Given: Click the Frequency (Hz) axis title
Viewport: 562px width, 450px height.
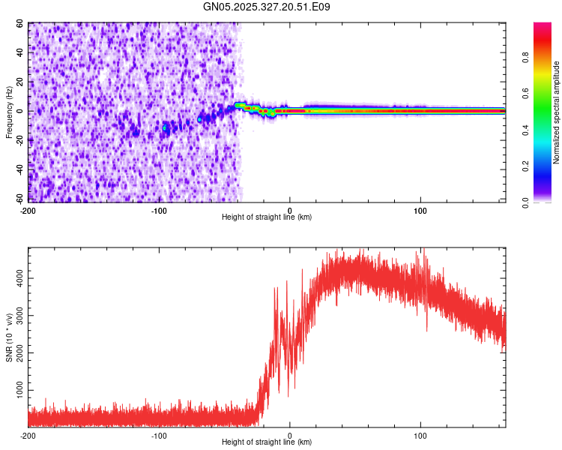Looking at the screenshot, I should point(8,112).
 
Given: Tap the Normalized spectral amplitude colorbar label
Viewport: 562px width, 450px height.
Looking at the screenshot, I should point(556,112).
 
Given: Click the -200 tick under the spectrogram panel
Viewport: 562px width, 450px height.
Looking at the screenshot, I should point(28,210).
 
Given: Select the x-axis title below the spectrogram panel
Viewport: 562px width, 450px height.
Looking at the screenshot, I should point(267,217).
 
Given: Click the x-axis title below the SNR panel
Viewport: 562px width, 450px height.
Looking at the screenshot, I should point(267,442).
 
